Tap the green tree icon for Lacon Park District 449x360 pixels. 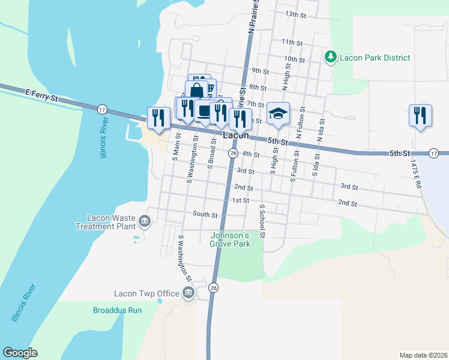[330, 58]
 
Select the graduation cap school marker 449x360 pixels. [278, 113]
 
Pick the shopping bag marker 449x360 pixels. [196, 91]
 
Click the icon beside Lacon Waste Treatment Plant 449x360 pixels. [144, 222]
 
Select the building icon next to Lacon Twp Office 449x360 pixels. [188, 293]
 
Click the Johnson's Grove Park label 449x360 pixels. [237, 239]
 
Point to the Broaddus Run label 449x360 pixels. [117, 310]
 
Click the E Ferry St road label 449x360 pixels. [41, 96]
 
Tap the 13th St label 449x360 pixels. [296, 14]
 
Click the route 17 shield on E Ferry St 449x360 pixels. [102, 109]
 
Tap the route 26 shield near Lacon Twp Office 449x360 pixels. [213, 288]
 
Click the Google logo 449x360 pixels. [20, 353]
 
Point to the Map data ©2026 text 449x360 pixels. [423, 355]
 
